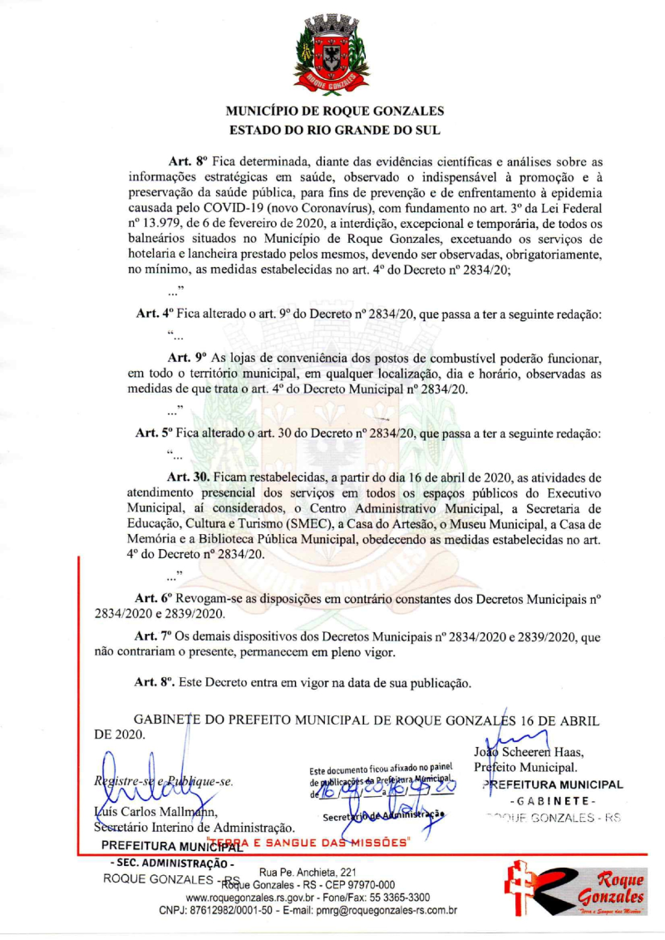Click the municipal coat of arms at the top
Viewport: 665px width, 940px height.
pyautogui.click(x=332, y=56)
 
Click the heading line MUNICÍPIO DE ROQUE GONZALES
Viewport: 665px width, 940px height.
pyautogui.click(x=335, y=111)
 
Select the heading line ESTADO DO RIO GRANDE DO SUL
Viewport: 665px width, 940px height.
pyautogui.click(x=335, y=130)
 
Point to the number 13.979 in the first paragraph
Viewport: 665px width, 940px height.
pyautogui.click(x=167, y=222)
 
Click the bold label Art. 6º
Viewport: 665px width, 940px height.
pyautogui.click(x=155, y=598)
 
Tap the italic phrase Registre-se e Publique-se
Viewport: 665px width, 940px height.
pyautogui.click(x=163, y=782)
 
